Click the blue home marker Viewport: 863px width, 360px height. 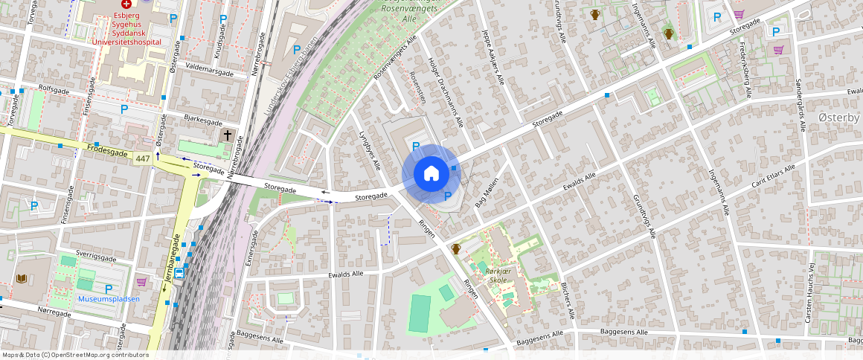[x=431, y=174]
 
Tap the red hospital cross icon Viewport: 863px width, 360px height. [x=126, y=4]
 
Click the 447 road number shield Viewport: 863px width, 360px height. [x=143, y=158]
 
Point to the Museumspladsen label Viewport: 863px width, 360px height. [x=108, y=299]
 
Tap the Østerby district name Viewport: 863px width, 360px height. [x=838, y=118]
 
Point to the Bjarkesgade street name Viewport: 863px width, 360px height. [x=202, y=120]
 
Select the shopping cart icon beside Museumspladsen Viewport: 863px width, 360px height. [x=141, y=282]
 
